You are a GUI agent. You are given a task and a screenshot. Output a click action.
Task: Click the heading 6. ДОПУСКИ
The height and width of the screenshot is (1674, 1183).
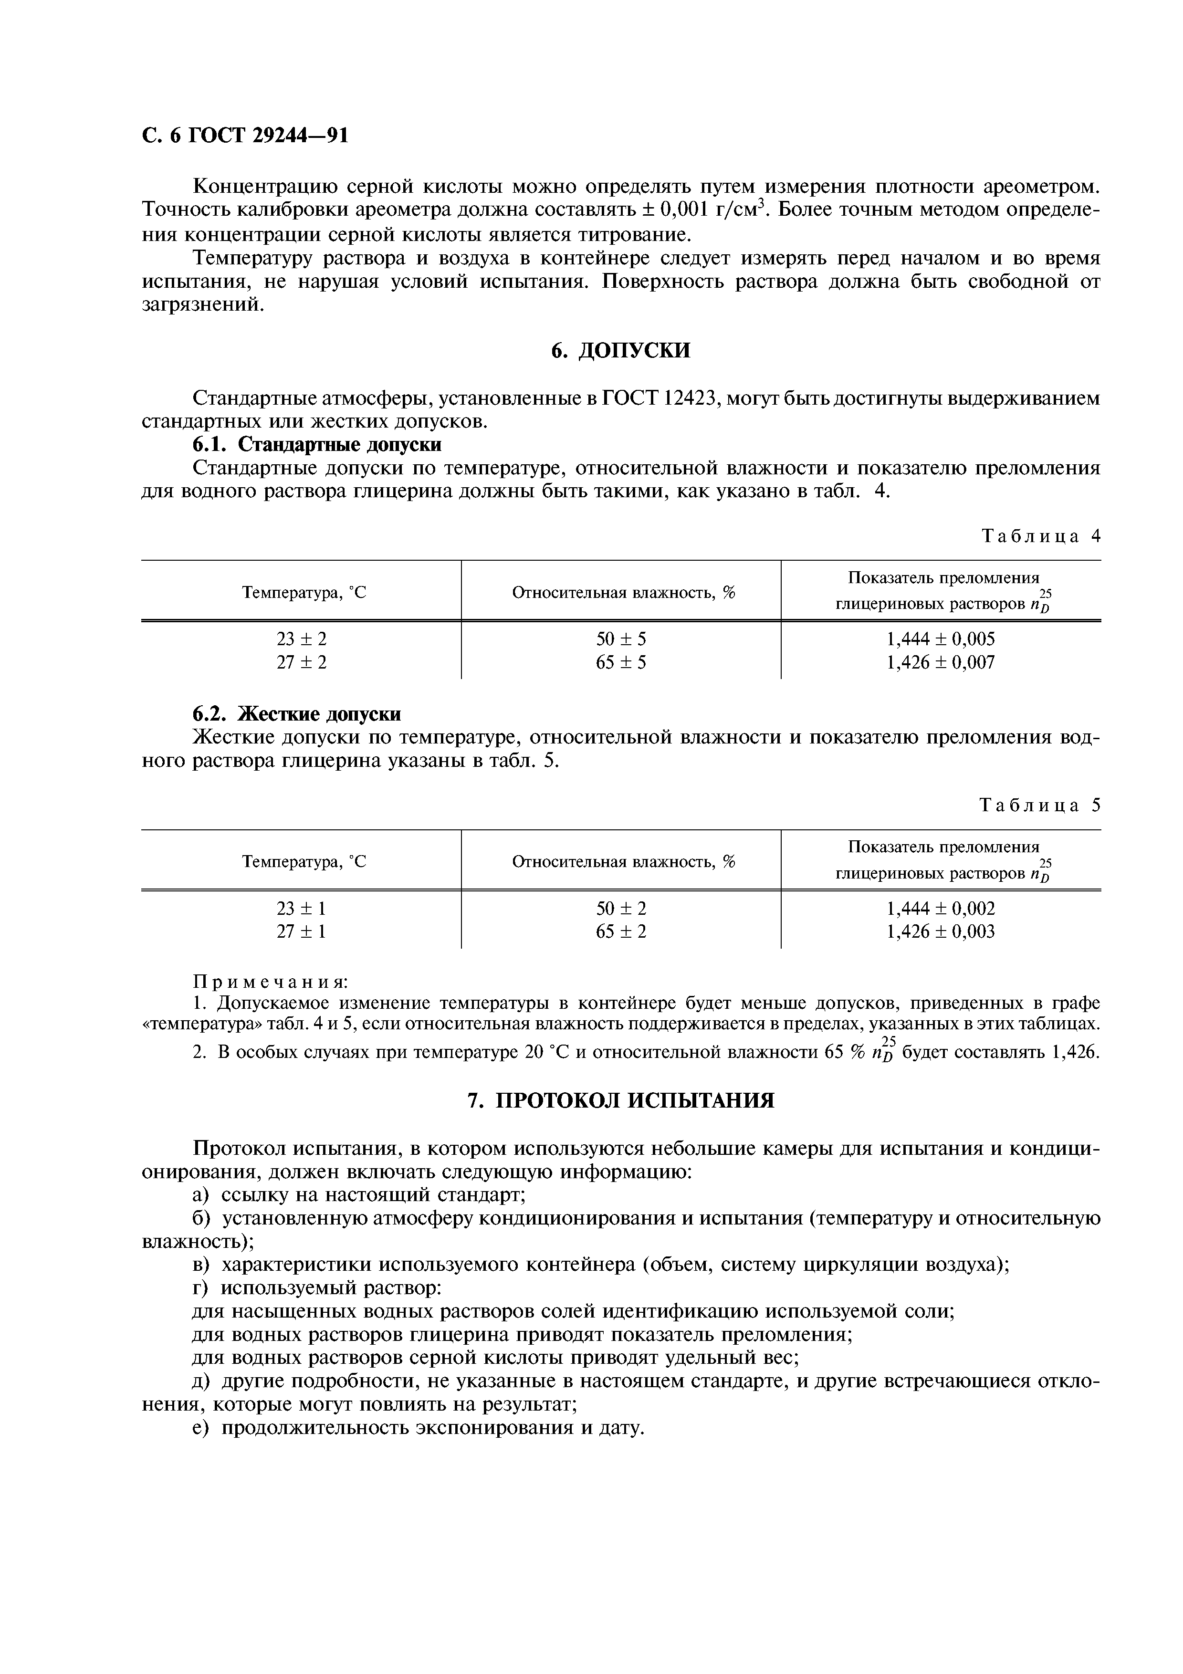(x=620, y=351)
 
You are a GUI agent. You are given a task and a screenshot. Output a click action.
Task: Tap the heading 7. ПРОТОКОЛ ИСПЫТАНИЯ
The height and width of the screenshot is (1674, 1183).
(x=620, y=1100)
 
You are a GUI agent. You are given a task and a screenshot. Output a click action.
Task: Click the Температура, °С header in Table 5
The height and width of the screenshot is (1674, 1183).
(x=304, y=862)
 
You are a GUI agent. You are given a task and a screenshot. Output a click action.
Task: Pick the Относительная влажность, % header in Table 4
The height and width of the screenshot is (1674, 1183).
(x=623, y=593)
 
